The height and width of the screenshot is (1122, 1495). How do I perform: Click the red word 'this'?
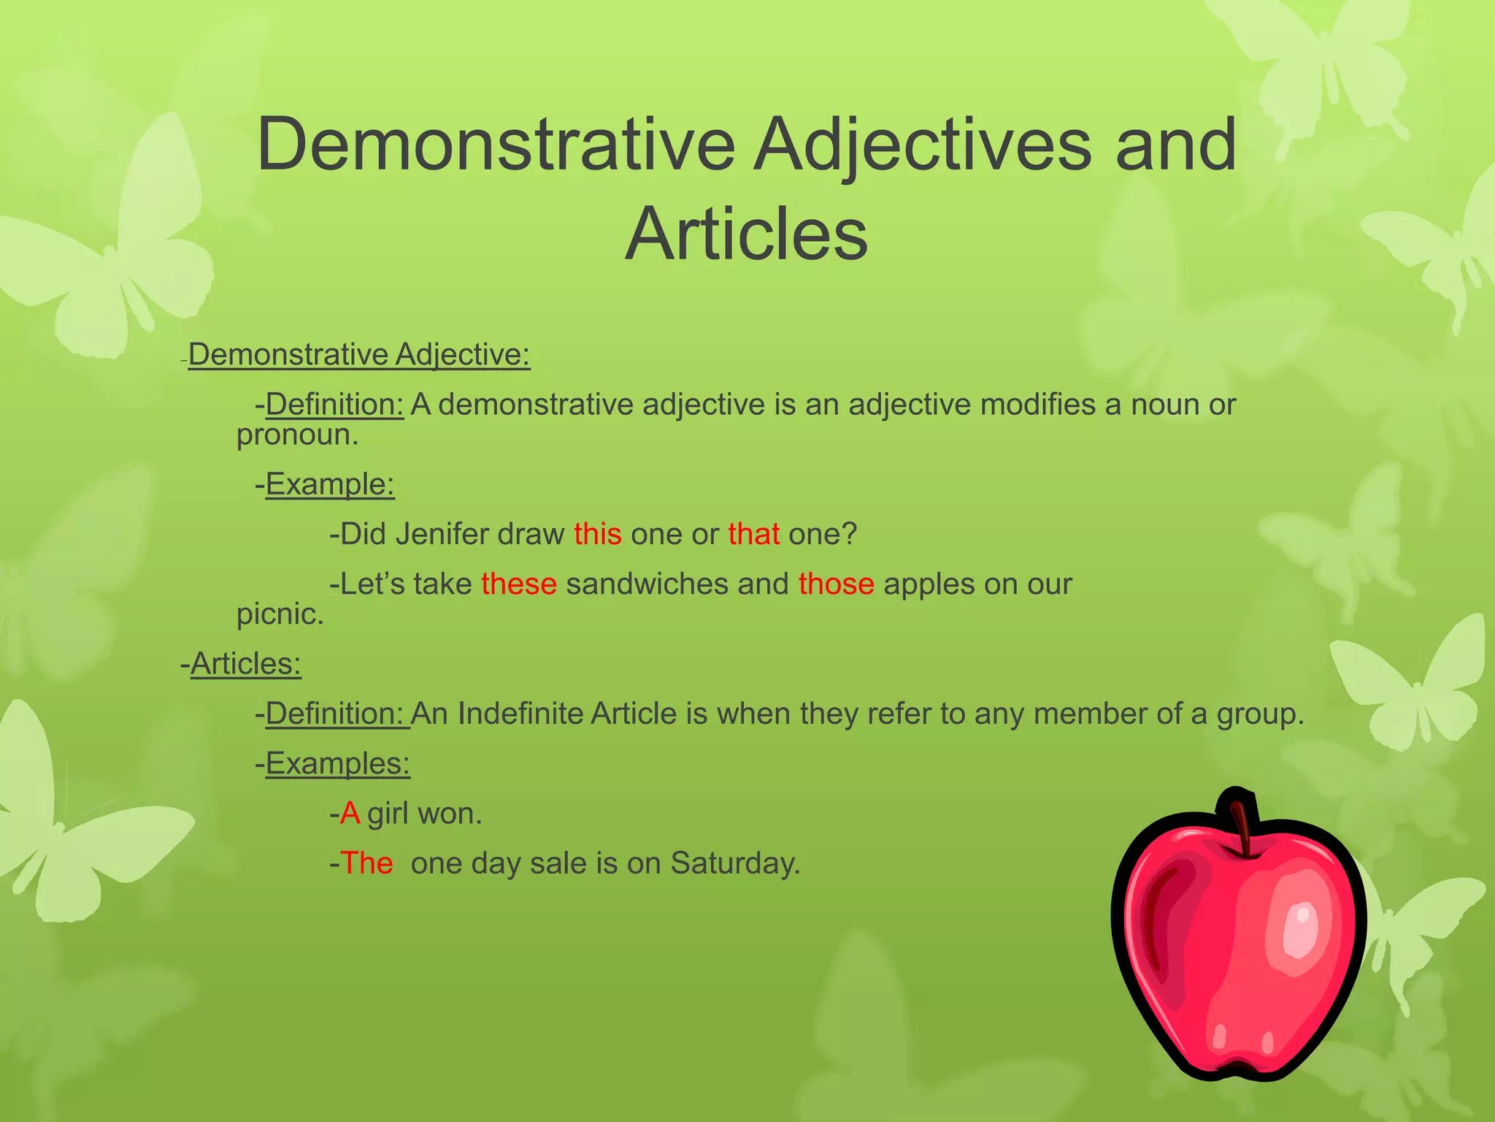tap(597, 534)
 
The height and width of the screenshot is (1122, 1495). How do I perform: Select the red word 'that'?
tap(753, 534)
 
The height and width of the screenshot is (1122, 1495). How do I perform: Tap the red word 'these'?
tap(519, 584)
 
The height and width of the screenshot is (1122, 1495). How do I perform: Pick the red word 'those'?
tap(836, 584)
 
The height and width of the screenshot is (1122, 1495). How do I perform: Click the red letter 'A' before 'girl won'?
tap(350, 814)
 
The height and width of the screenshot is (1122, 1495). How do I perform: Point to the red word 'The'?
tap(366, 863)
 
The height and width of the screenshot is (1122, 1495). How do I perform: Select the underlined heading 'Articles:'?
tap(246, 664)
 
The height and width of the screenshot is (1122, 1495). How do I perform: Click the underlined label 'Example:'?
tap(330, 484)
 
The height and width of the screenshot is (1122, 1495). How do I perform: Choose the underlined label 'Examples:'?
tap(338, 764)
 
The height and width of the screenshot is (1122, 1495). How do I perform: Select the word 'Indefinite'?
tap(520, 714)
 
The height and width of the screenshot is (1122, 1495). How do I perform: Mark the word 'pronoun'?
tap(295, 436)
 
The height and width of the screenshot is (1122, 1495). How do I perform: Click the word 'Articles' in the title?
tap(746, 234)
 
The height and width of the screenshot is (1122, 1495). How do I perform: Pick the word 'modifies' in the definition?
tap(1037, 405)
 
